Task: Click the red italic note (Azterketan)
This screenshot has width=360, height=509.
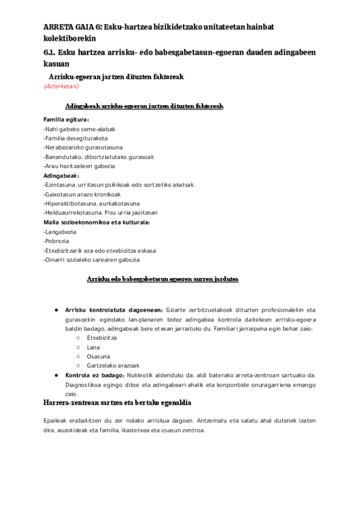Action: pos(61,86)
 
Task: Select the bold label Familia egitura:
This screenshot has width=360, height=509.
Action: pos(66,119)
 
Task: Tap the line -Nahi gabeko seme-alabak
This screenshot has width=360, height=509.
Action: pos(79,129)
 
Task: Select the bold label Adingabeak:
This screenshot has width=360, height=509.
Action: pos(61,175)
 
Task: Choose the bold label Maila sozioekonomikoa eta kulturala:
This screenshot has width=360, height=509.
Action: pos(97,222)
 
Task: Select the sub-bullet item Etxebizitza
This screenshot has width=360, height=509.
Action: pos(101,338)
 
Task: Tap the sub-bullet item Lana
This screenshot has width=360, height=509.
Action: pos(93,347)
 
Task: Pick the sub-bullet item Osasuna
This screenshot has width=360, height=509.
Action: pos(98,357)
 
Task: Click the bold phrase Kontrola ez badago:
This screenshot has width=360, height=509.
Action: pos(95,375)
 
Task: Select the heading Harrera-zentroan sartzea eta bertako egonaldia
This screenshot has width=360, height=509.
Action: pos(118,402)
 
